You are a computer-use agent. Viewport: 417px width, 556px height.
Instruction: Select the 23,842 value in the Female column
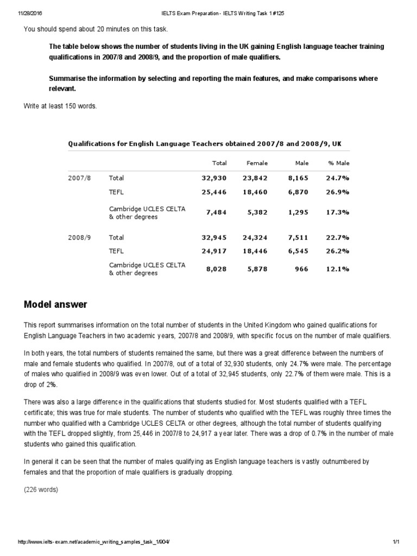click(255, 178)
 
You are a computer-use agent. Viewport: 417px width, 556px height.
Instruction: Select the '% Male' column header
click(339, 163)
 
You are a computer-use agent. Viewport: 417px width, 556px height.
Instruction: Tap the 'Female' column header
click(257, 163)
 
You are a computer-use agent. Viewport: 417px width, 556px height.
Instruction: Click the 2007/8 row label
click(77, 178)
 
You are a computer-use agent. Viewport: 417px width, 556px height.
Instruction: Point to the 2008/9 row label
click(77, 237)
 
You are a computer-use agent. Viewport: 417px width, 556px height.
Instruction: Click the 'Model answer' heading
click(55, 305)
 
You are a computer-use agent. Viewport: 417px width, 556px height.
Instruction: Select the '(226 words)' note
click(41, 489)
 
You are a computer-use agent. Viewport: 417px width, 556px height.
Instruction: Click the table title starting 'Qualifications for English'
click(205, 144)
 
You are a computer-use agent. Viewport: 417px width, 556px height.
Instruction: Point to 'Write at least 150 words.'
click(60, 106)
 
